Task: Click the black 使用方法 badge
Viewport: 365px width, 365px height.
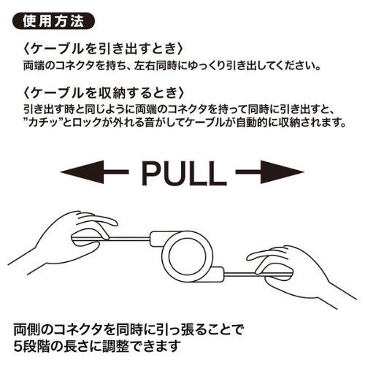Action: point(53,21)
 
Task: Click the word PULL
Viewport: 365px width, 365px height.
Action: point(184,173)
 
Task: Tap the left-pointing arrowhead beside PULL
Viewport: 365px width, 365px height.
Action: point(82,172)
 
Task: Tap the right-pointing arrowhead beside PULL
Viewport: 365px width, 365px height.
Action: point(283,172)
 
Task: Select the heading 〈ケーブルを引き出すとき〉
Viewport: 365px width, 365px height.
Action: point(103,50)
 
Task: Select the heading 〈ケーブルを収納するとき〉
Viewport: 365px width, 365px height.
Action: point(103,93)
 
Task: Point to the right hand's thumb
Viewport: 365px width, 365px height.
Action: point(268,256)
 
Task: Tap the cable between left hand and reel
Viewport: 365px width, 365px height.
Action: point(129,239)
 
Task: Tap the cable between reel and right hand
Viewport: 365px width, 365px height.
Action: point(239,274)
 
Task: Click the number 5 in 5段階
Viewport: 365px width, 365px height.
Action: point(18,346)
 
